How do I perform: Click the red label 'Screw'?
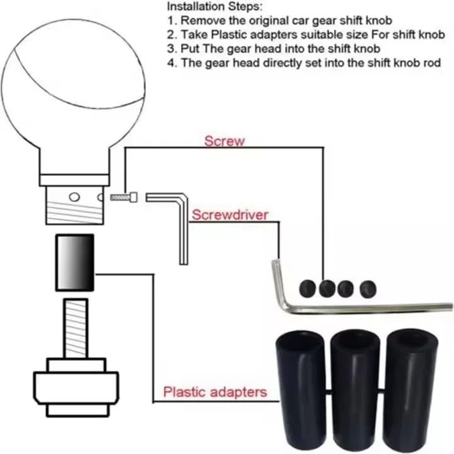(x=224, y=140)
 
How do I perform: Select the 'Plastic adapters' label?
(x=214, y=392)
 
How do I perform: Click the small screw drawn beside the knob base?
(x=124, y=197)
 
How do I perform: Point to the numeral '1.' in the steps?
(x=172, y=21)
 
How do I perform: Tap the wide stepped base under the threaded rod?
(x=76, y=385)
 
